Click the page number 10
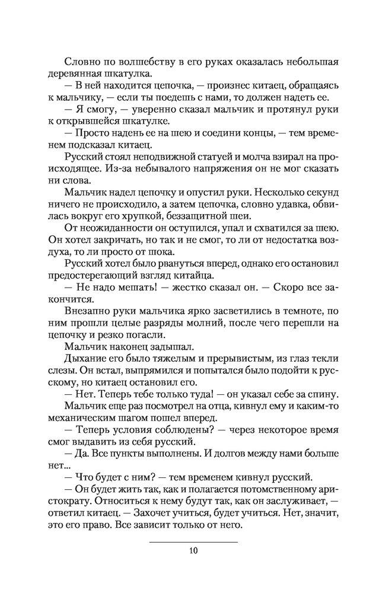tap(193, 550)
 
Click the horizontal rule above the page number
tap(193, 541)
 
